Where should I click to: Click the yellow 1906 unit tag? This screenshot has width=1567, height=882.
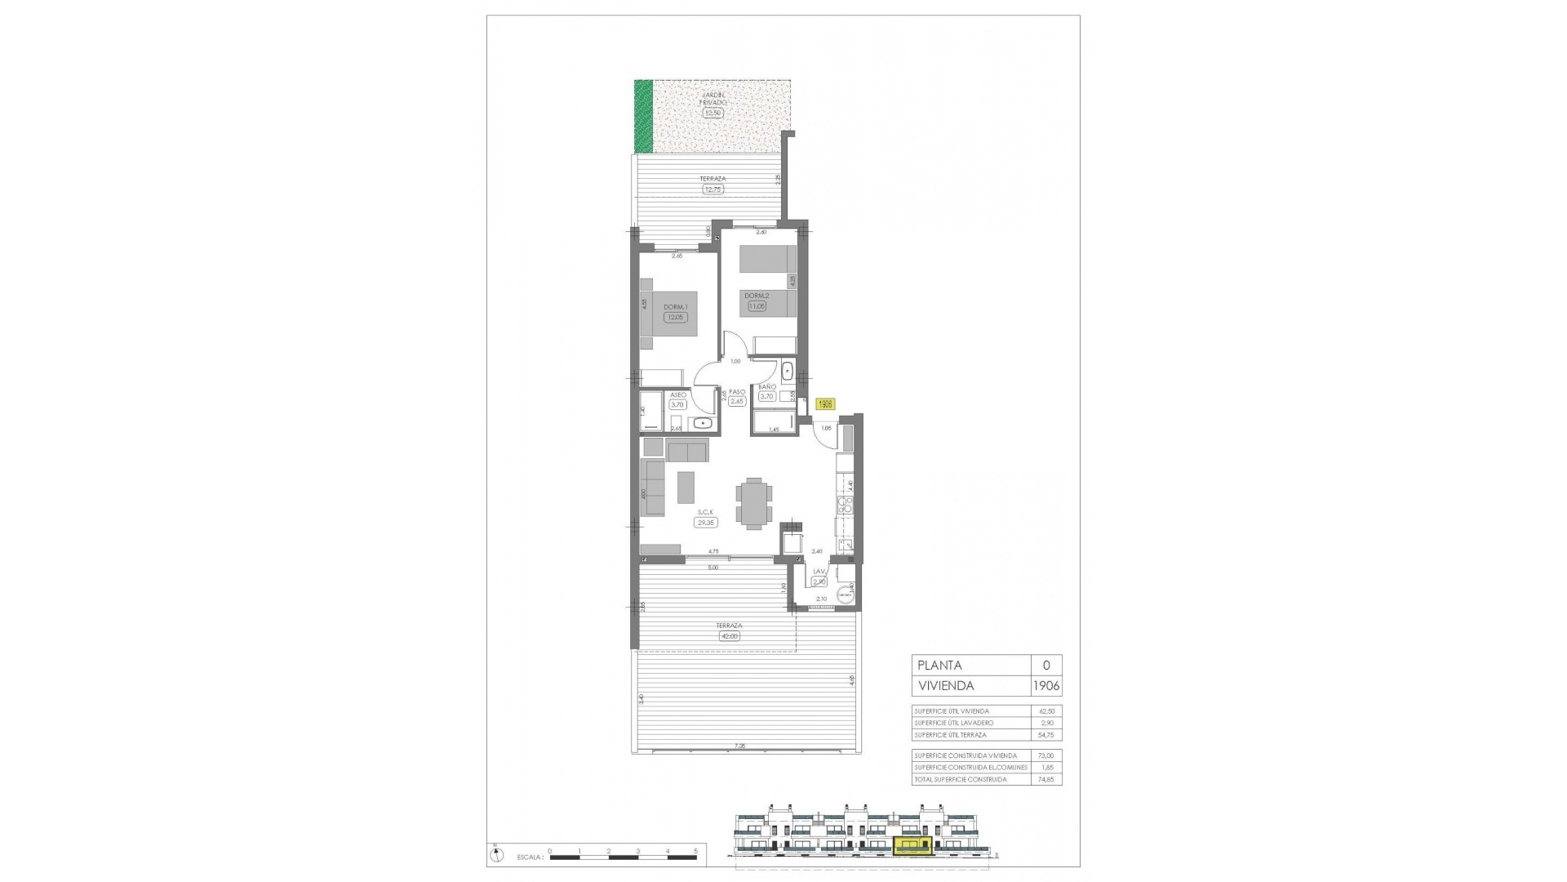coord(825,403)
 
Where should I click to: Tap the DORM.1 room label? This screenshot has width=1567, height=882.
coord(676,307)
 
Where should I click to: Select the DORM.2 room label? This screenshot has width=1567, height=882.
coord(757,296)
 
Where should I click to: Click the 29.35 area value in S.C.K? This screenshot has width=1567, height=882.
coord(705,523)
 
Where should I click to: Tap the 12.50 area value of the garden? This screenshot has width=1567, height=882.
coord(712,114)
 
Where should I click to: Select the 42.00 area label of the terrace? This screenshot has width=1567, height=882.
coord(729,636)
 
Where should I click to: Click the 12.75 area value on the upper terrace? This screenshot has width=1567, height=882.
coord(712,189)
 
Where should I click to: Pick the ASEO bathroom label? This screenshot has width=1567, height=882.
coord(677,394)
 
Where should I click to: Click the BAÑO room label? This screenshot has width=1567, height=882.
coord(766,387)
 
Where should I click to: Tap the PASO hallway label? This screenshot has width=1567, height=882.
coord(737,392)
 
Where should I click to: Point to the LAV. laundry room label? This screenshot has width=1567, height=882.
coord(819,572)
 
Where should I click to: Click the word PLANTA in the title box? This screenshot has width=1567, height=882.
coord(939,666)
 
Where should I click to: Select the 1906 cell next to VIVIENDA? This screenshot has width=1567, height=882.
coord(1046,686)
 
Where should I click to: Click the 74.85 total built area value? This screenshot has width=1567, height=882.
coord(1046,780)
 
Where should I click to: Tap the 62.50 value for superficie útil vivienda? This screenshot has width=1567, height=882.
coord(1046,711)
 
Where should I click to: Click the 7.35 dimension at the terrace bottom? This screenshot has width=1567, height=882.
coord(739,746)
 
